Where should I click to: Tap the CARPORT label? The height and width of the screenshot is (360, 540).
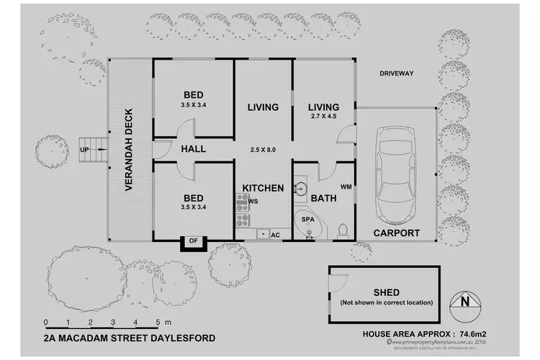[x=397, y=233]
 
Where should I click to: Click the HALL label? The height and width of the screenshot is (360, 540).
[x=194, y=149]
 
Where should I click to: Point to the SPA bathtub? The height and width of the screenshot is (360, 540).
[x=307, y=221]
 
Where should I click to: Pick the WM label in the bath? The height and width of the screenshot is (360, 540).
[x=345, y=187]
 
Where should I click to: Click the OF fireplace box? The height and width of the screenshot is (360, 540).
[x=193, y=241]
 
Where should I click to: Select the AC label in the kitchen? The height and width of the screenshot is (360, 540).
[x=275, y=235]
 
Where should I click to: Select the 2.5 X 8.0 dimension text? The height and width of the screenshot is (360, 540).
[x=262, y=150]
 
